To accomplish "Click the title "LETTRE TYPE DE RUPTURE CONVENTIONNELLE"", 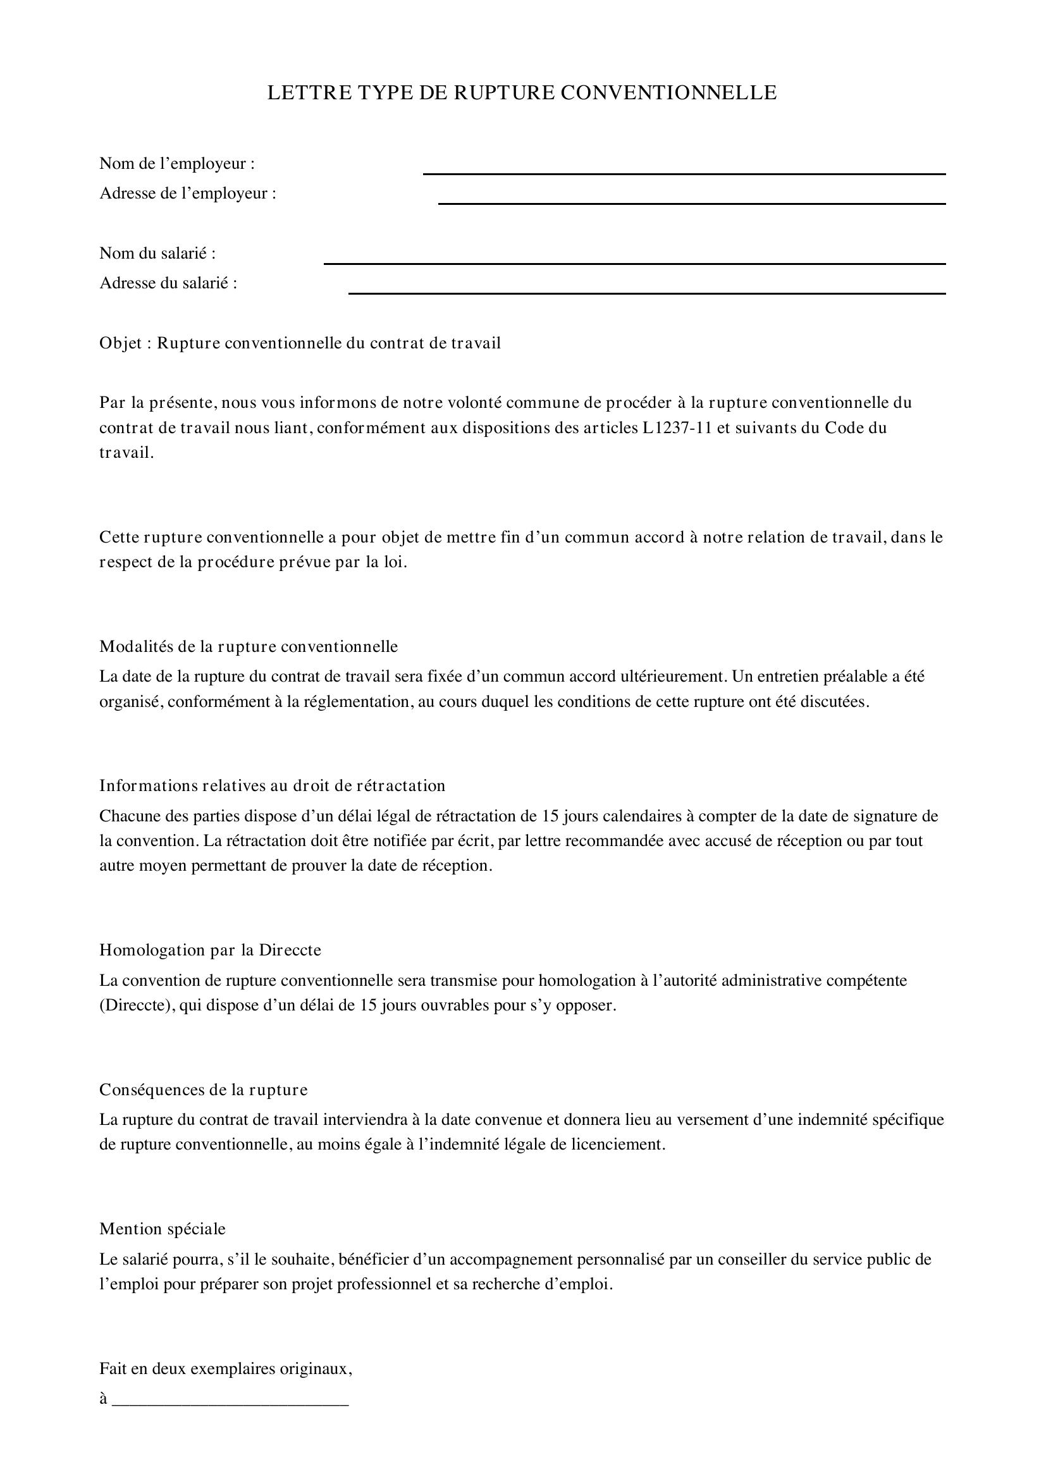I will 522,93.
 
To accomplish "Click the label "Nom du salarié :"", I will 157,253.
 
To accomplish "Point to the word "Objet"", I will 120,343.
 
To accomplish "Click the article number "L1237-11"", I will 676,427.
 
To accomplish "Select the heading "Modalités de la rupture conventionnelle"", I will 249,646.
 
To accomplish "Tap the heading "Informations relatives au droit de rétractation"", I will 272,785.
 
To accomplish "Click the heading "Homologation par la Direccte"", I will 210,950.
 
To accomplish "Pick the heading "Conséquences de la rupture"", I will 204,1089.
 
